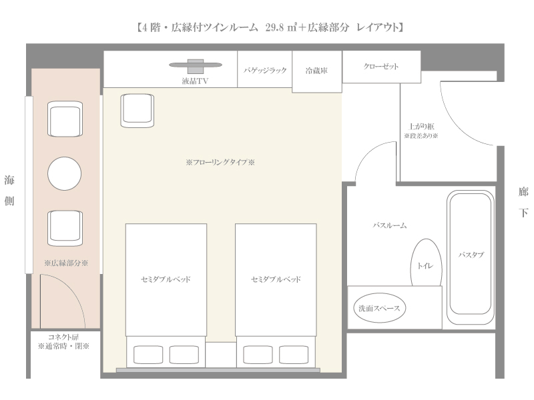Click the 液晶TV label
[195, 81]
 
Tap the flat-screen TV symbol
[196, 65]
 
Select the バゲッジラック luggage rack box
[264, 69]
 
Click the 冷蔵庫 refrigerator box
[316, 71]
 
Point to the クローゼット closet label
[380, 66]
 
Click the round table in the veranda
[64, 173]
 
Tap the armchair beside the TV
[138, 111]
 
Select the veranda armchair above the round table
[65, 119]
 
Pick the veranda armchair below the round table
[65, 228]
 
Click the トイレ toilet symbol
[427, 262]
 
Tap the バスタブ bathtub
[471, 257]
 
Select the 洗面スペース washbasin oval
[379, 308]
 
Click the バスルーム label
[390, 225]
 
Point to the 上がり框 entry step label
[421, 127]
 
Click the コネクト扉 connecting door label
[63, 337]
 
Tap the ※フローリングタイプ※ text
[220, 162]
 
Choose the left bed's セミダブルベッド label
[166, 279]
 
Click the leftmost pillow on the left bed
[148, 355]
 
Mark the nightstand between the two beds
[221, 355]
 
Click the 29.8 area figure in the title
[274, 27]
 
